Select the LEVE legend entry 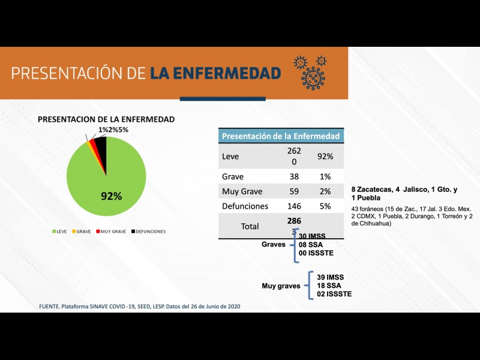(x=59, y=231)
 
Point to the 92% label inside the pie (x=111, y=196)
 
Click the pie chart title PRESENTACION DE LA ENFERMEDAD (x=106, y=119)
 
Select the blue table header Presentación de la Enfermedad (x=280, y=136)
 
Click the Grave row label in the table (x=232, y=177)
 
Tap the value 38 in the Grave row (x=294, y=177)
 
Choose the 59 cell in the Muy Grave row (x=294, y=192)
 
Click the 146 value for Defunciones (x=294, y=206)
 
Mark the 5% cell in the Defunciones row (x=325, y=206)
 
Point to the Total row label (x=250, y=226)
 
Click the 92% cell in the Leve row (x=325, y=157)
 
